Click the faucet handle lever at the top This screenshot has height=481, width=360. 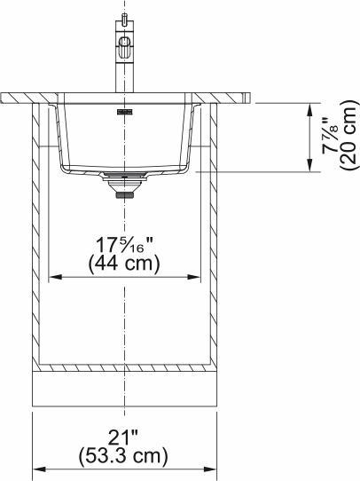click(x=125, y=19)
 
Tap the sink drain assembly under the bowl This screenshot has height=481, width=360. click(x=124, y=183)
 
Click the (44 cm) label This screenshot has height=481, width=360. click(x=125, y=264)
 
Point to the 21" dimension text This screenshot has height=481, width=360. click(x=125, y=438)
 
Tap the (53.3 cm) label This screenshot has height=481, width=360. click(x=125, y=456)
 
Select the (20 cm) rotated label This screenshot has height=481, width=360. click(x=349, y=138)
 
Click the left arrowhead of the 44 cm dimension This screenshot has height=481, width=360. click(x=52, y=277)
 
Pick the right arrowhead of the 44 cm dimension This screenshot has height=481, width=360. click(x=197, y=277)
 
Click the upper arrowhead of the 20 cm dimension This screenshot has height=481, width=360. click(x=309, y=108)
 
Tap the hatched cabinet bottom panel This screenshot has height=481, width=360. click(x=125, y=366)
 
